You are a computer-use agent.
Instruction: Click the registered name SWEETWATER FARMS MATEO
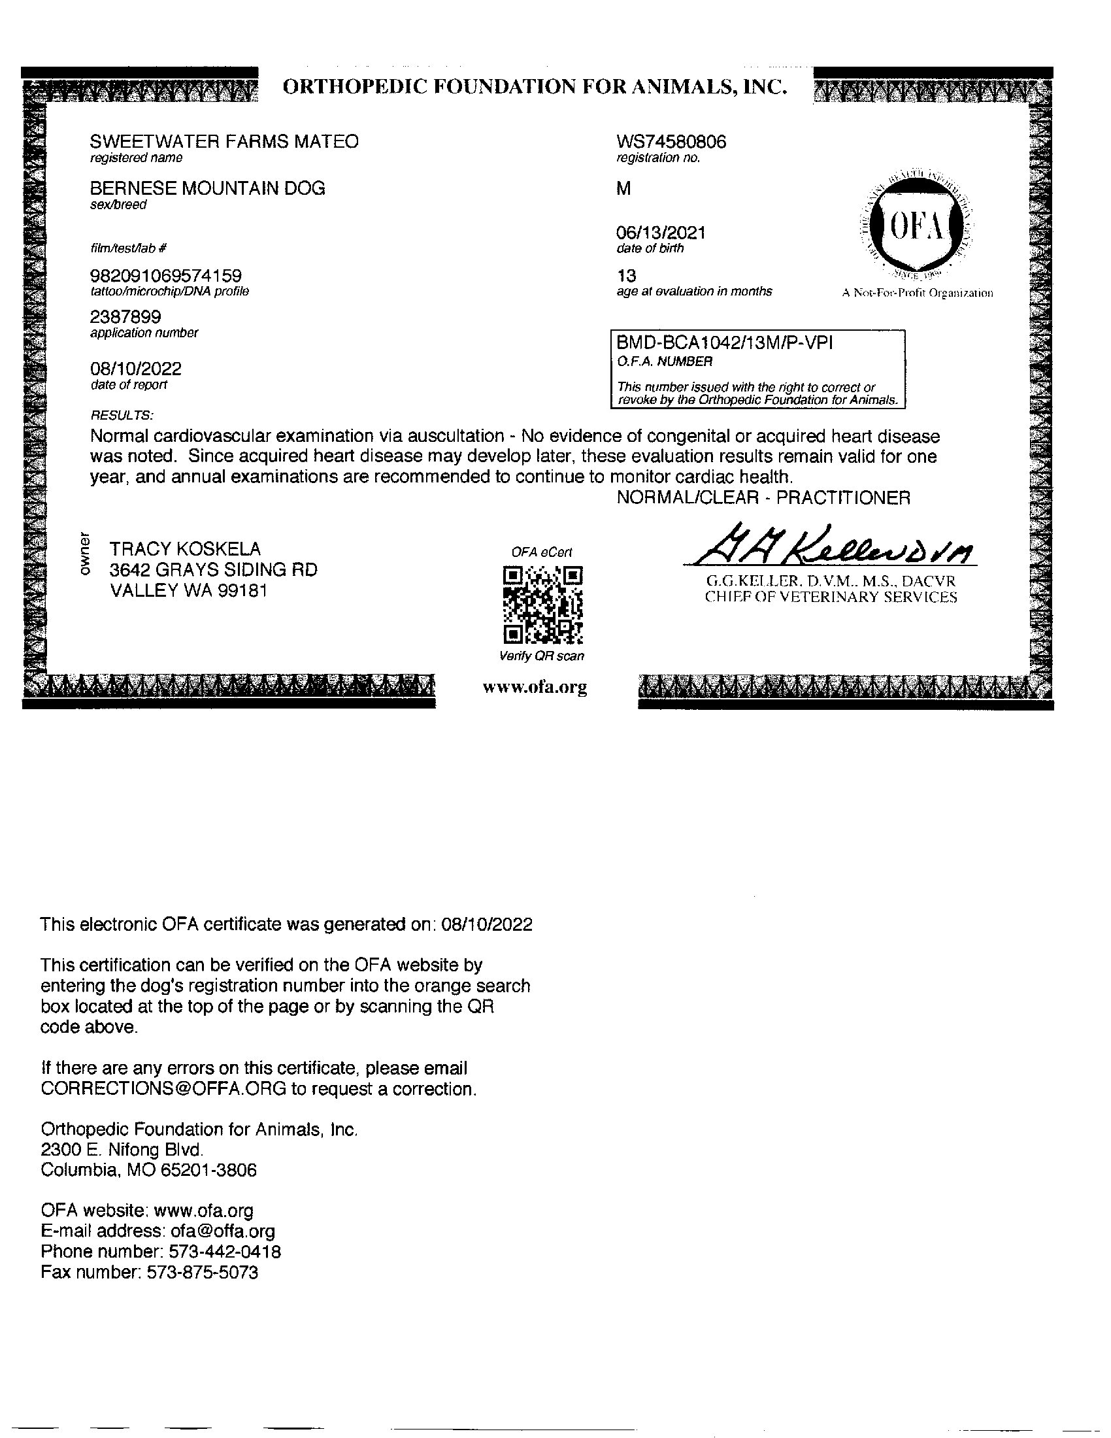pyautogui.click(x=224, y=142)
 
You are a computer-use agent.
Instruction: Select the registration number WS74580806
pyautogui.click(x=671, y=142)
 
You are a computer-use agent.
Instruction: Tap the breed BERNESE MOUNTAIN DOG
pyautogui.click(x=207, y=188)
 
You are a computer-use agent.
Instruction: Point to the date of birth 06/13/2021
pyautogui.click(x=661, y=233)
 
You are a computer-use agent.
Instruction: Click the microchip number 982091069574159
pyautogui.click(x=166, y=275)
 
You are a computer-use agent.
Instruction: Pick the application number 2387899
pyautogui.click(x=125, y=318)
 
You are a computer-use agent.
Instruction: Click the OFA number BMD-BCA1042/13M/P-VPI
pyautogui.click(x=724, y=343)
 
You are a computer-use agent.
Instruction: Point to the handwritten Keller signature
pyautogui.click(x=829, y=546)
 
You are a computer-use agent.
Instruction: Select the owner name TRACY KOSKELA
pyautogui.click(x=185, y=548)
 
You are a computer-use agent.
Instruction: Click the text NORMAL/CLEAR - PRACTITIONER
pyautogui.click(x=763, y=498)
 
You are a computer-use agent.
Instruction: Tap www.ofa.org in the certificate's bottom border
pyautogui.click(x=535, y=688)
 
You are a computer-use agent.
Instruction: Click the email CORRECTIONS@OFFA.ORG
pyautogui.click(x=163, y=1089)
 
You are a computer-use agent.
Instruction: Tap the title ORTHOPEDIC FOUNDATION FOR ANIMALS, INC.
pyautogui.click(x=535, y=87)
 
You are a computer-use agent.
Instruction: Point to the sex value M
pyautogui.click(x=623, y=189)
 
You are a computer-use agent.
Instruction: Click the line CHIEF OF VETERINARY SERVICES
pyautogui.click(x=831, y=597)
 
